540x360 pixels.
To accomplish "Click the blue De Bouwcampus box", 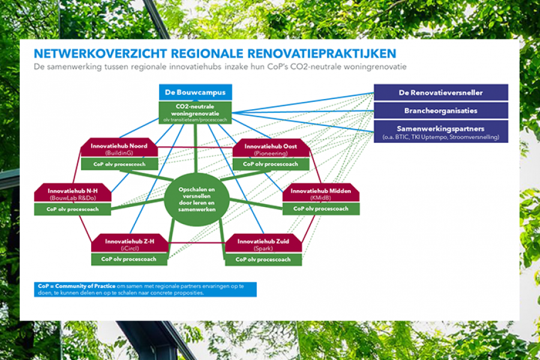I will point(195,92).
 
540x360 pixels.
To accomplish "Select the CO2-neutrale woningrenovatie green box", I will point(195,112).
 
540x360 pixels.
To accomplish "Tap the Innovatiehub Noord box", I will point(119,149).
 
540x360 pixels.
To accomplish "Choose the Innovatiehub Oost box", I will point(271,149).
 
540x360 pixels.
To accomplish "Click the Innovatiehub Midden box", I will point(321,193).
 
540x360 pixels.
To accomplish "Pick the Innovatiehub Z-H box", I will point(129,244).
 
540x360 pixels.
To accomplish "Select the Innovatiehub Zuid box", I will point(263,244).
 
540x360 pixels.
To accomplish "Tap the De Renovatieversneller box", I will point(440,92).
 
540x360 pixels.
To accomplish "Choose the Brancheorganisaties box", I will point(440,110).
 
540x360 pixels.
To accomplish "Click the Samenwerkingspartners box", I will point(440,131).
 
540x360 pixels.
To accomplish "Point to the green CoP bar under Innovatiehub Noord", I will point(119,164).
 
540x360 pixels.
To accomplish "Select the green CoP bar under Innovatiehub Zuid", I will point(263,259).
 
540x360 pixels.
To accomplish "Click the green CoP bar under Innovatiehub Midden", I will point(321,209).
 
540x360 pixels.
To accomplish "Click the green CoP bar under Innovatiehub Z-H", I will point(129,259).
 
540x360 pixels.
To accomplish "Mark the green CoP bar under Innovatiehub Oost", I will point(271,164).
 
